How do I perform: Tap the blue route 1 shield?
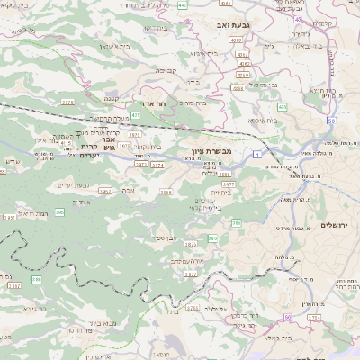256,157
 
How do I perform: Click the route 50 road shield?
331,120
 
